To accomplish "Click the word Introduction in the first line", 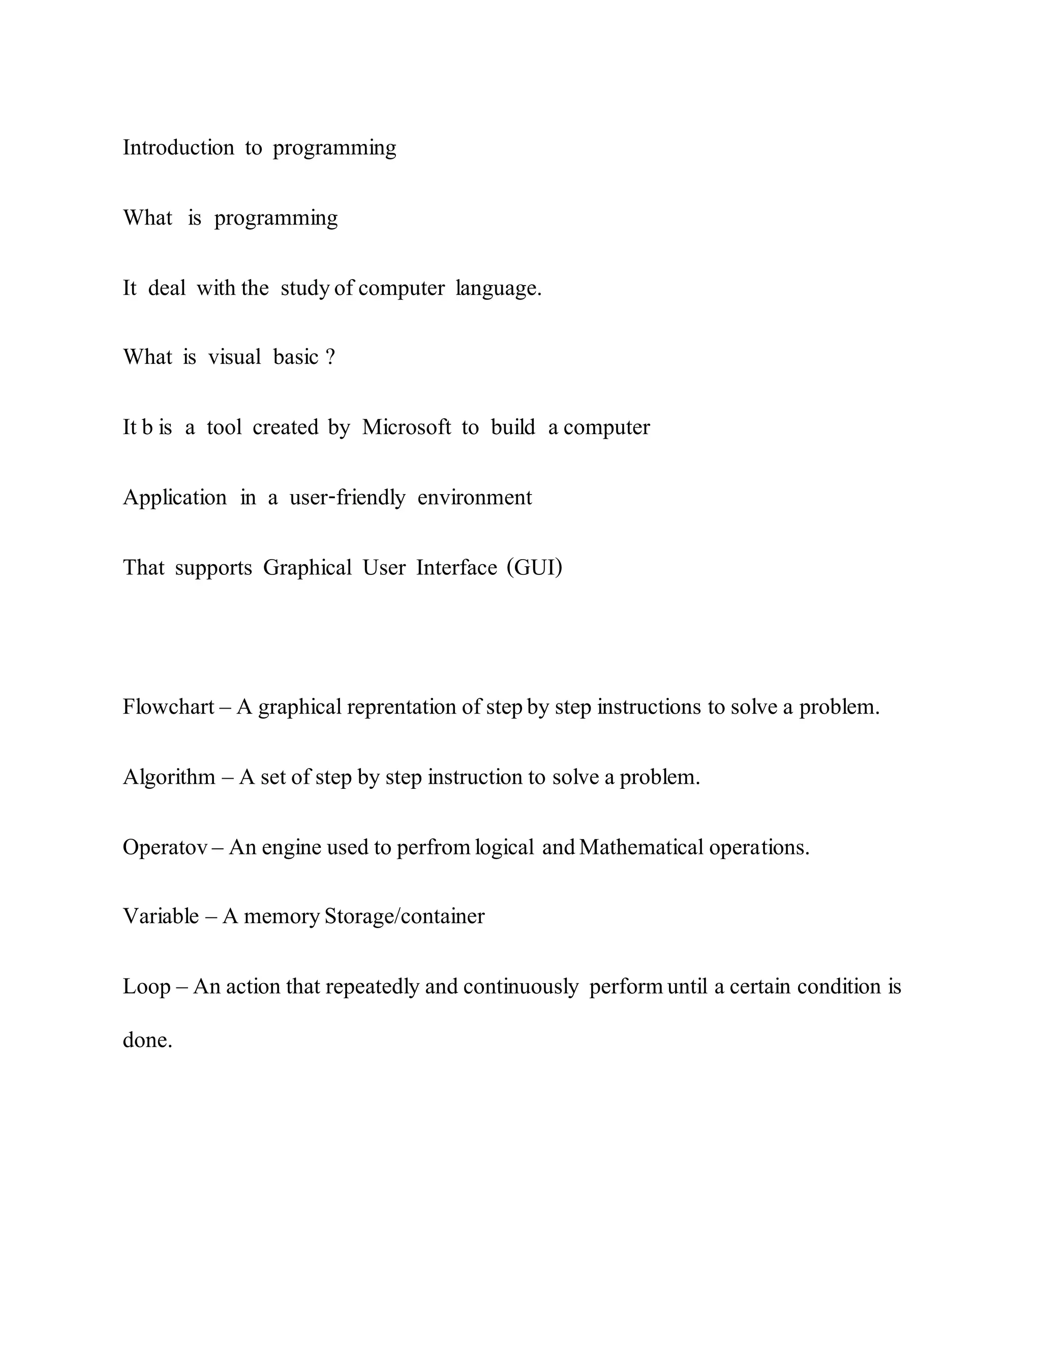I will click(178, 148).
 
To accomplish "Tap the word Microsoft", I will click(407, 427).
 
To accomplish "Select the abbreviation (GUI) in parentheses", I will click(534, 567).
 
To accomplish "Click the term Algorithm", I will click(169, 777).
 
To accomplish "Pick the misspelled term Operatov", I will click(165, 847).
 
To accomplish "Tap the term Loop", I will click(146, 987).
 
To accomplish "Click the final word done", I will click(147, 1040).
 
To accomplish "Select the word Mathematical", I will click(641, 847).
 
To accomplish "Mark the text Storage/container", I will click(404, 916).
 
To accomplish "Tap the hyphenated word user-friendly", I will click(347, 498).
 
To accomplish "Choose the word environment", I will click(474, 498).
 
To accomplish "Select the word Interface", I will click(456, 567).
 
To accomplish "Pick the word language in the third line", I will click(498, 288).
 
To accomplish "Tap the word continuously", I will click(520, 987).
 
